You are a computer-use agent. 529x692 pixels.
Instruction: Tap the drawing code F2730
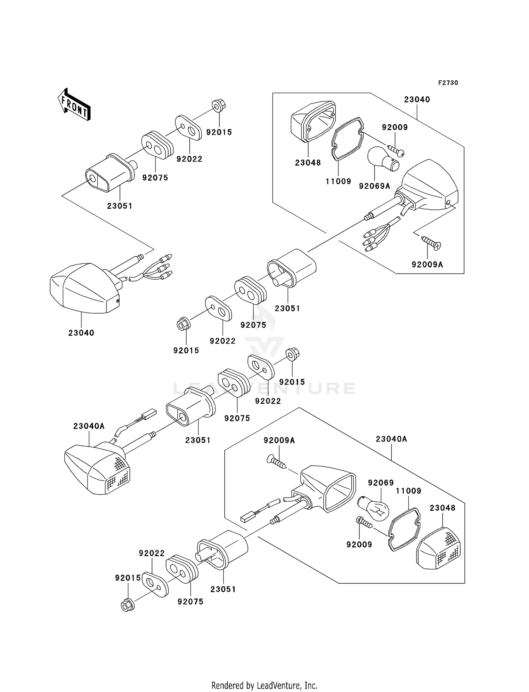click(x=448, y=83)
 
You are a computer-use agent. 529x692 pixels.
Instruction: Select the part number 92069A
click(x=375, y=186)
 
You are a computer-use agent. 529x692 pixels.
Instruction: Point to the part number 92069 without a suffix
click(x=381, y=483)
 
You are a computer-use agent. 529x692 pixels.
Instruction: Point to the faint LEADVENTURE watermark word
click(x=264, y=388)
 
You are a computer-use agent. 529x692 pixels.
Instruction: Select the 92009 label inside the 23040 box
click(x=395, y=127)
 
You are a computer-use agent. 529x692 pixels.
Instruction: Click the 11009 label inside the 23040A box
click(x=408, y=491)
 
